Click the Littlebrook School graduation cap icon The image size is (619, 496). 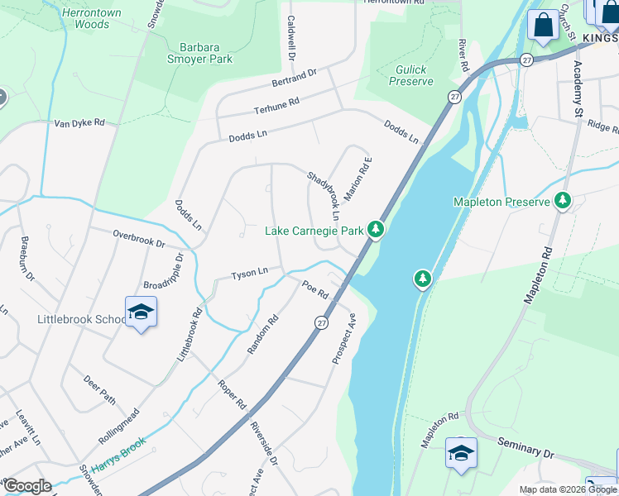pos(142,312)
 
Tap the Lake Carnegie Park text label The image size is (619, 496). pos(314,230)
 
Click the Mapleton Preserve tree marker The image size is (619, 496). pos(563,200)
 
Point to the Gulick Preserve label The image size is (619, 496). pos(411,76)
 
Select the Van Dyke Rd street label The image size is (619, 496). pos(79,123)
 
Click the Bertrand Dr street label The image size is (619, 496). pos(295,79)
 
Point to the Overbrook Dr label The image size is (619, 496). pos(139,239)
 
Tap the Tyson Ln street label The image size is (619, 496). pos(249,272)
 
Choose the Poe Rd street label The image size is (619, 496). pos(315,290)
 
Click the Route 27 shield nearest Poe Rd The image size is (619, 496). pos(321,322)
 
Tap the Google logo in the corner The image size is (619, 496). pos(27,485)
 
